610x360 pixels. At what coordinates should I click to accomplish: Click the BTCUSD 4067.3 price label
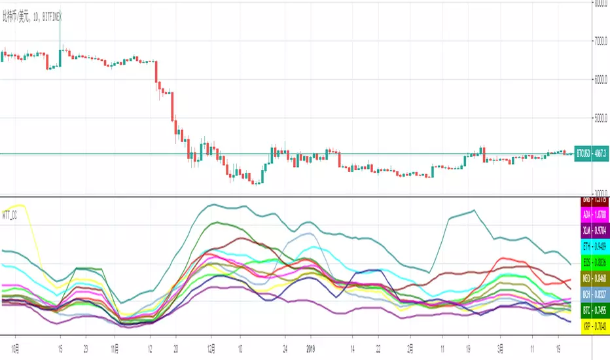[x=591, y=154]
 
